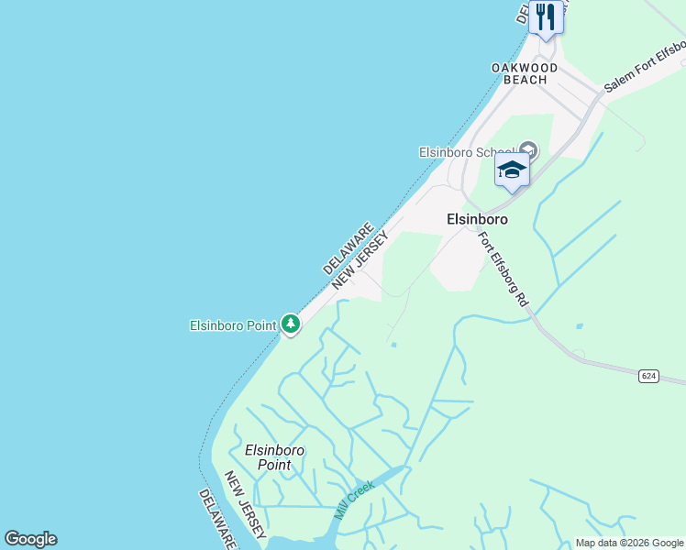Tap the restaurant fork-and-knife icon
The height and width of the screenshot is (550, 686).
pyautogui.click(x=547, y=16)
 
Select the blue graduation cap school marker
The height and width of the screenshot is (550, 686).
pyautogui.click(x=512, y=170)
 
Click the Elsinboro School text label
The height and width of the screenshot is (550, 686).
pyautogui.click(x=466, y=152)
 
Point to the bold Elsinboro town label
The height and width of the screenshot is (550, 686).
pyautogui.click(x=477, y=220)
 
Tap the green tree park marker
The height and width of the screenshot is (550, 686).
pyautogui.click(x=290, y=324)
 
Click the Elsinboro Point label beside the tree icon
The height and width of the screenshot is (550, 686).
pyautogui.click(x=233, y=325)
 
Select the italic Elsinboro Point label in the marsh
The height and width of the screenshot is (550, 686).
pyautogui.click(x=274, y=457)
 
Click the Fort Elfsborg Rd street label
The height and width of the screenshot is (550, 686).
pyautogui.click(x=503, y=269)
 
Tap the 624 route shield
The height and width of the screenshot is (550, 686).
pyautogui.click(x=649, y=376)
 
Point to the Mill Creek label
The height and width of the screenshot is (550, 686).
pyautogui.click(x=354, y=500)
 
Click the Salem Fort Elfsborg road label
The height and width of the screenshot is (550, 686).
pyautogui.click(x=645, y=66)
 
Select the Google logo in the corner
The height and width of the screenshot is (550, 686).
pyautogui.click(x=31, y=539)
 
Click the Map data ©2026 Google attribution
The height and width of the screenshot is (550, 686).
pyautogui.click(x=629, y=543)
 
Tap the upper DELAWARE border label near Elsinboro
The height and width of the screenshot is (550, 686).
pyautogui.click(x=349, y=248)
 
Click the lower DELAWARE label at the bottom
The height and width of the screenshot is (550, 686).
pyautogui.click(x=218, y=519)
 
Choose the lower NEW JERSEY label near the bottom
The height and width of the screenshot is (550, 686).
pyautogui.click(x=246, y=506)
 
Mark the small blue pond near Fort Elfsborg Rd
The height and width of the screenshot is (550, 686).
pyautogui.click(x=579, y=325)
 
